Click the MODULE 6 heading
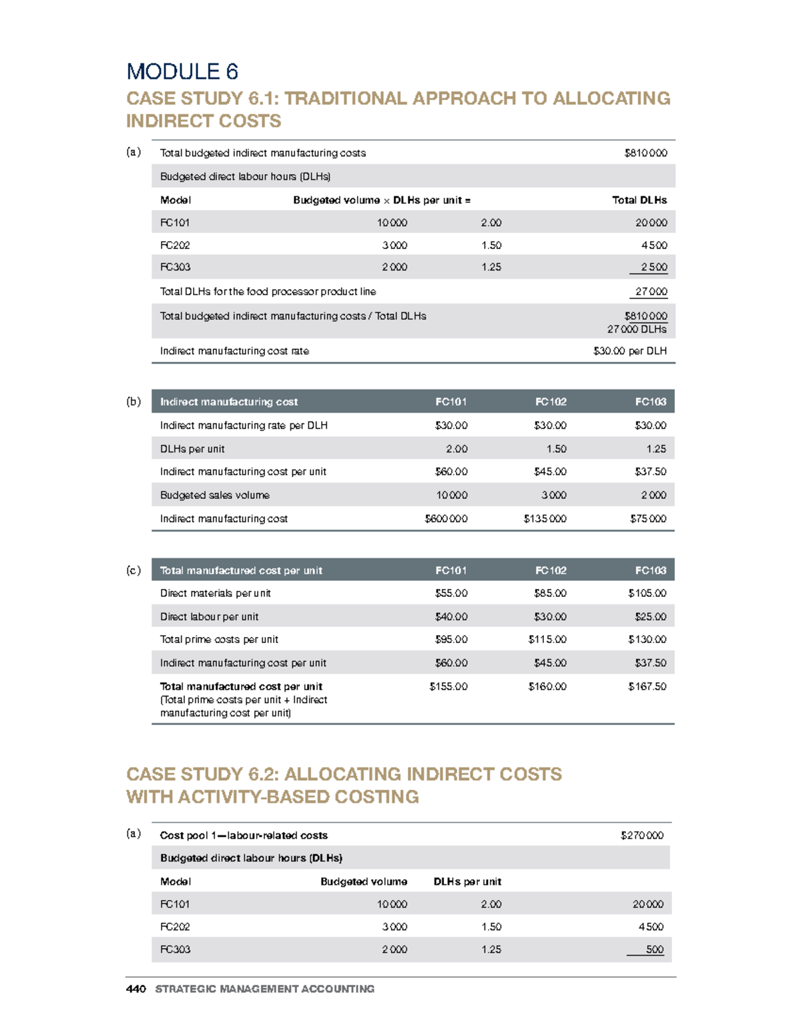(x=182, y=71)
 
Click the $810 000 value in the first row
(x=645, y=153)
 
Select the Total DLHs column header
(x=639, y=200)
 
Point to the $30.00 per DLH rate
(x=629, y=351)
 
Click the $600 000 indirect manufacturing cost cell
(x=446, y=518)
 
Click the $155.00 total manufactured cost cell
(x=448, y=686)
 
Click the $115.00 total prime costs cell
(x=547, y=639)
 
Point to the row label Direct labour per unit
(x=209, y=616)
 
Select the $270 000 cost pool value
(x=641, y=835)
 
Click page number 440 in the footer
(x=136, y=989)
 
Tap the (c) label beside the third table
(x=133, y=570)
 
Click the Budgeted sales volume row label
(x=214, y=495)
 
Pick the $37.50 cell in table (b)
(x=650, y=471)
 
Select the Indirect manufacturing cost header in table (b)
(x=228, y=401)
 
